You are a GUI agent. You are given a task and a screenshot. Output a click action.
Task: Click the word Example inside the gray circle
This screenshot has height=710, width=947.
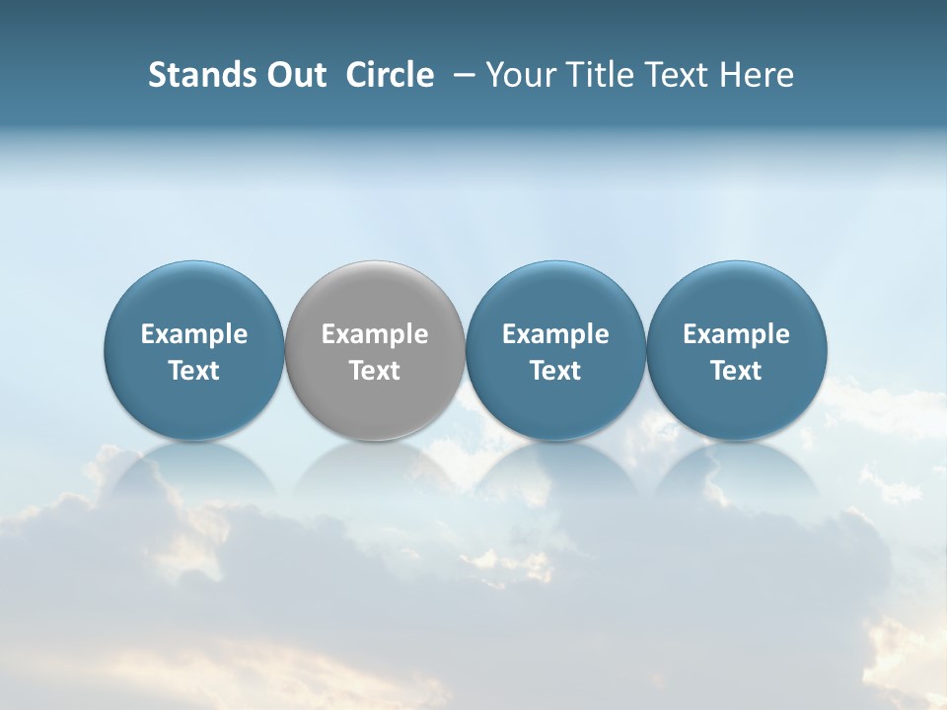[375, 334]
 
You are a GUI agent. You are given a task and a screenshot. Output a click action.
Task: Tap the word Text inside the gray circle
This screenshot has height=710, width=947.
[375, 371]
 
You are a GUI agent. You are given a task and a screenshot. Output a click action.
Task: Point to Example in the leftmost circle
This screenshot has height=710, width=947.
[194, 334]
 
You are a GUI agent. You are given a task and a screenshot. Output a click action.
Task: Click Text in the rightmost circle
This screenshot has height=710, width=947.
[737, 371]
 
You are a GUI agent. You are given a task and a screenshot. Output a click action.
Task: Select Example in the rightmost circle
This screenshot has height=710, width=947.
[737, 334]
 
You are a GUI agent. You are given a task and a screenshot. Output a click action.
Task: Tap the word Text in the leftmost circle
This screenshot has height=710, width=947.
[194, 371]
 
